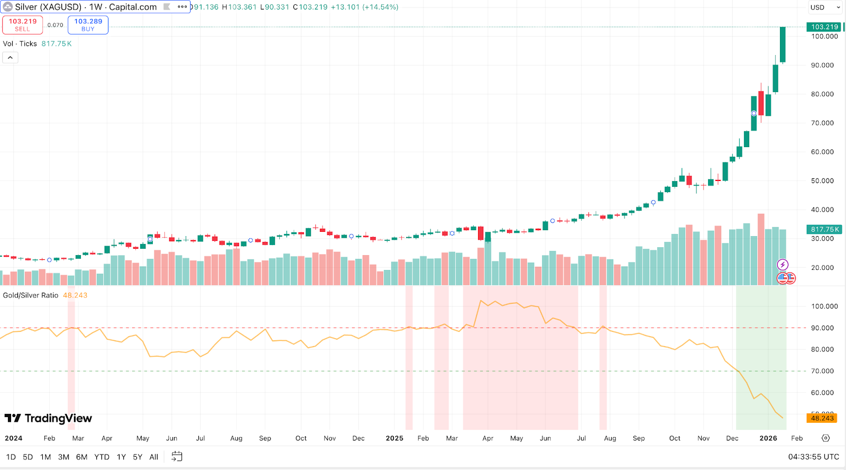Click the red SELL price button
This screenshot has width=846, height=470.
pyautogui.click(x=22, y=25)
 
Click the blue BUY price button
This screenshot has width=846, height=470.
pyautogui.click(x=88, y=25)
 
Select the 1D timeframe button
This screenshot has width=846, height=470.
pyautogui.click(x=11, y=457)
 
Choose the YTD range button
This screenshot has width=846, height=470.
pyautogui.click(x=102, y=457)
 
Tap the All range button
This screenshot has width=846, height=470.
pyautogui.click(x=154, y=457)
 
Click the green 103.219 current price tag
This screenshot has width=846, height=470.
pyautogui.click(x=824, y=27)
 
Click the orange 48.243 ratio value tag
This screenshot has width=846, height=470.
pyautogui.click(x=822, y=418)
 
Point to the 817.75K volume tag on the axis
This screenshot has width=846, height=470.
pyautogui.click(x=824, y=229)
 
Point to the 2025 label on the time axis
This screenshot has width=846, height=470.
pyautogui.click(x=394, y=438)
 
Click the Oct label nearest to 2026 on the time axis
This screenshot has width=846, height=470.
pyautogui.click(x=675, y=438)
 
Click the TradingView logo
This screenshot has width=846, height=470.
pyautogui.click(x=48, y=418)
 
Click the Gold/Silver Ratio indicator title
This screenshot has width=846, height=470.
pyautogui.click(x=31, y=295)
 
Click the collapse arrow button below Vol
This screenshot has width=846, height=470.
pyautogui.click(x=10, y=58)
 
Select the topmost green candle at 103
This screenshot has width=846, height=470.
pyautogui.click(x=783, y=45)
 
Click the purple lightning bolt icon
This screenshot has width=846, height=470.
pyautogui.click(x=783, y=265)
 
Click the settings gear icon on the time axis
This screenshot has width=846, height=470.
pyautogui.click(x=826, y=438)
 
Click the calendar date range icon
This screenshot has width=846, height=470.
pyautogui.click(x=177, y=456)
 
